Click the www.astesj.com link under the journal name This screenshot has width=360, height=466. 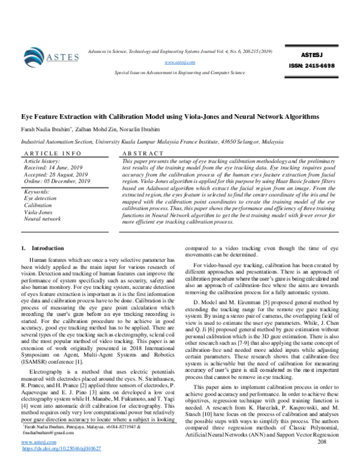pyautogui.click(x=176, y=62)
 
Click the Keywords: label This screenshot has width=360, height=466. pyautogui.click(x=39, y=191)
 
